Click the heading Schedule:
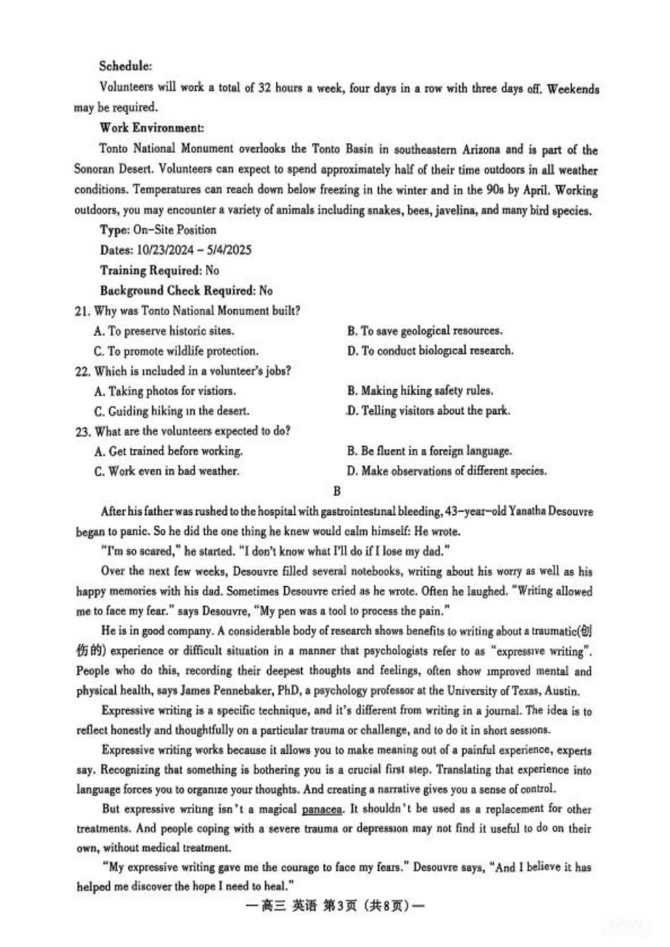click(126, 66)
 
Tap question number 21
click(82, 311)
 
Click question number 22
click(82, 371)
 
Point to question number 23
click(82, 431)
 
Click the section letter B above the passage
click(336, 491)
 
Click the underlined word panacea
click(322, 810)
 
